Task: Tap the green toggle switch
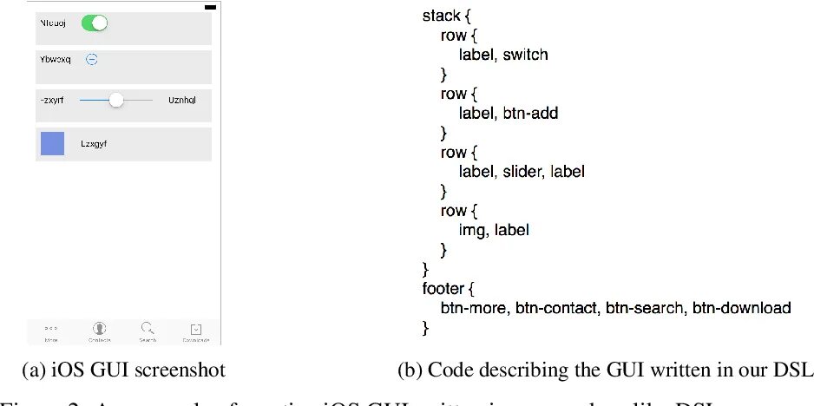click(x=94, y=23)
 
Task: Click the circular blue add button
click(x=92, y=59)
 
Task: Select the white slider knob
click(x=115, y=101)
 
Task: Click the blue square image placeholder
click(x=53, y=144)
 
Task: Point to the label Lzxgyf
click(x=94, y=144)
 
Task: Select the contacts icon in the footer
click(x=100, y=328)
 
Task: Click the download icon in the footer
click(x=197, y=329)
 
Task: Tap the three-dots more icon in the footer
click(x=51, y=328)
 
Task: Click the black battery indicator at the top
click(x=209, y=8)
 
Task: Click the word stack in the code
click(x=442, y=16)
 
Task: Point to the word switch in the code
click(x=526, y=54)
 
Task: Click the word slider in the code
click(x=522, y=172)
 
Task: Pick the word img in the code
click(x=472, y=230)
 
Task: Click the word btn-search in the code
click(x=643, y=308)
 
